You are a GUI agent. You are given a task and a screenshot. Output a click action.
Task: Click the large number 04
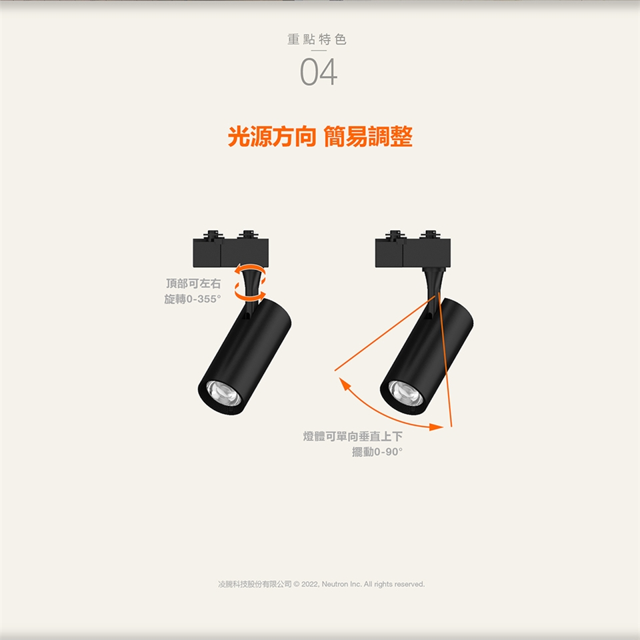(319, 72)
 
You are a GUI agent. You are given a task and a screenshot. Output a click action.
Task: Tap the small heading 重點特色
(317, 39)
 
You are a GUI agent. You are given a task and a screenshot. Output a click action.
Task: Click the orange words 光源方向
(272, 136)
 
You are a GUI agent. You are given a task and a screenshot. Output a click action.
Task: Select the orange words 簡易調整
(368, 136)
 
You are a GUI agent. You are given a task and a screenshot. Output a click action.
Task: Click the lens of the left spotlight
(224, 393)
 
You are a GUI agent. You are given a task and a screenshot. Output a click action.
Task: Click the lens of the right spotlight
(406, 393)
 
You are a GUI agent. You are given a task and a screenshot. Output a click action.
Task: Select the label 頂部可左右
(193, 283)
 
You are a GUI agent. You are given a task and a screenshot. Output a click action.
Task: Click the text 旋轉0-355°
(193, 299)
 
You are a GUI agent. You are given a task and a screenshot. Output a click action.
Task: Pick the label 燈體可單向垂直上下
(353, 436)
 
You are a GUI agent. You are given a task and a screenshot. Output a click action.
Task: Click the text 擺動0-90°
(377, 452)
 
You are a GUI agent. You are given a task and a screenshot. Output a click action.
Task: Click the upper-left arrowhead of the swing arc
(345, 384)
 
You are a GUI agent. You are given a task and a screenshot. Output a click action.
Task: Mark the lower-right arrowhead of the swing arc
(437, 427)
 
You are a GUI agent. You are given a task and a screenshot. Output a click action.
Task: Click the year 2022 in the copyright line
(311, 584)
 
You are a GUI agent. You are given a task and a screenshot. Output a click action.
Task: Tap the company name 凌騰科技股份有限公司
(255, 584)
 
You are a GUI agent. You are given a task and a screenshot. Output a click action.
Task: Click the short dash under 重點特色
(319, 51)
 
